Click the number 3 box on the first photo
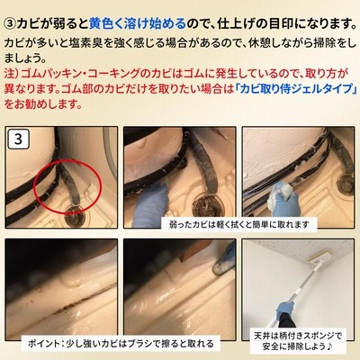click(x=18, y=139)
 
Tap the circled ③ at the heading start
click(x=11, y=24)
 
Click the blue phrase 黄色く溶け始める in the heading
click(x=138, y=24)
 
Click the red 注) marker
click(x=12, y=73)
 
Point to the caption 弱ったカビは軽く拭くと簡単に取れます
click(x=238, y=224)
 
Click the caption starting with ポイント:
click(x=121, y=344)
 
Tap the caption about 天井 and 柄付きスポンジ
click(x=298, y=341)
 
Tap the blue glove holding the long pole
click(x=285, y=310)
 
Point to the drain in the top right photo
click(x=345, y=182)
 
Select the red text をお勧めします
click(x=42, y=104)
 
